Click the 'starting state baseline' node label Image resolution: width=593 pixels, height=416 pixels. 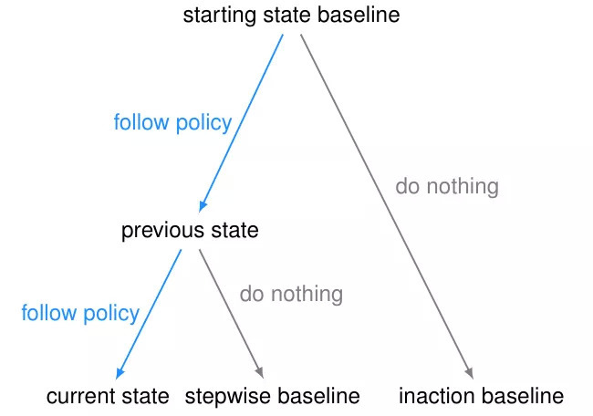(291, 16)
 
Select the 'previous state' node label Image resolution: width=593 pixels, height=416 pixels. (190, 230)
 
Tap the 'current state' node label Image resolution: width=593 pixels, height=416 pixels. (108, 396)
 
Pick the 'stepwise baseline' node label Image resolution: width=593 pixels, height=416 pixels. (272, 396)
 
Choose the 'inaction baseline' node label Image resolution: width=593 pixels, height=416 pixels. (482, 396)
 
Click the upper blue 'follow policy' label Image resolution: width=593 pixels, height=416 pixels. (172, 123)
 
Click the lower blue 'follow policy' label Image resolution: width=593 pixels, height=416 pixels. (80, 314)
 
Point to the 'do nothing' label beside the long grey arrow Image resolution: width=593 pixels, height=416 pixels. (447, 186)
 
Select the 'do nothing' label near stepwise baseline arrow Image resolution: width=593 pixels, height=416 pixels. (291, 294)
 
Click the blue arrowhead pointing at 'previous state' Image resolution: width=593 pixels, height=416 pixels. (203, 206)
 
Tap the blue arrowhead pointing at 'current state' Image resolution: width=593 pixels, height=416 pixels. (120, 373)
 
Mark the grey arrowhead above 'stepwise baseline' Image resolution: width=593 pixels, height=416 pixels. (259, 372)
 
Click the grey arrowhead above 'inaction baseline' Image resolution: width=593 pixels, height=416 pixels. (469, 373)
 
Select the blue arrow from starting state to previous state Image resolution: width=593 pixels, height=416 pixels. (241, 123)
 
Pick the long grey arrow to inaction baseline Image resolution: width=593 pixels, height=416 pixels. (387, 206)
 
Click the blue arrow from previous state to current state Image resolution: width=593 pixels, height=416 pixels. (149, 314)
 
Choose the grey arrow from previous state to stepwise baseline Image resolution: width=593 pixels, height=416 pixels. (232, 314)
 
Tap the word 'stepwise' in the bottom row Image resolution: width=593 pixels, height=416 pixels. (228, 397)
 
